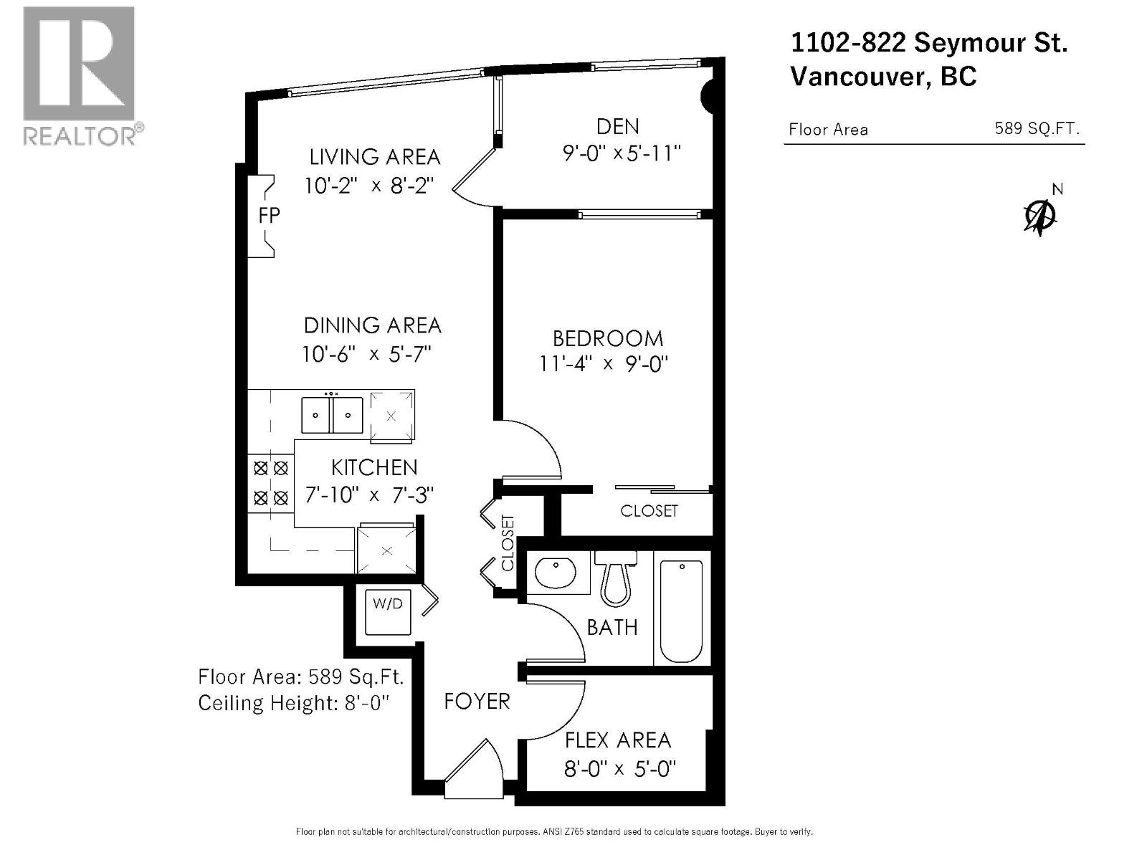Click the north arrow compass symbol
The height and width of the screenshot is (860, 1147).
point(1040,215)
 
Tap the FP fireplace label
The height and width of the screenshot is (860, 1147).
point(269,215)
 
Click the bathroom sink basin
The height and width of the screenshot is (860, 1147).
point(556,573)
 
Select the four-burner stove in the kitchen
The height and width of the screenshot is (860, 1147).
point(271,483)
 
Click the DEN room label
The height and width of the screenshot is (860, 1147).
point(617,127)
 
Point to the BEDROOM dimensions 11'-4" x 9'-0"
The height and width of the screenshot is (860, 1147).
point(604,364)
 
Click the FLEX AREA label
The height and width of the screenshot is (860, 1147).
point(617,740)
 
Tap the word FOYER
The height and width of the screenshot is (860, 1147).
point(477,701)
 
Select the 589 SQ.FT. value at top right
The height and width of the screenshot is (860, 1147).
point(1037,129)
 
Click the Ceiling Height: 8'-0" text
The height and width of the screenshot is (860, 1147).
point(293,703)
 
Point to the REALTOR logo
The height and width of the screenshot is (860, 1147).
point(80,75)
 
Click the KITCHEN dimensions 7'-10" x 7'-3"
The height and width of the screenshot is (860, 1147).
point(370,495)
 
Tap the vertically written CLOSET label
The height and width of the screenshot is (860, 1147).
point(508,543)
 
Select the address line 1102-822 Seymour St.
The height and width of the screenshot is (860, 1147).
point(929,43)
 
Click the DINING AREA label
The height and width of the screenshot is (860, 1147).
point(372,325)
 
